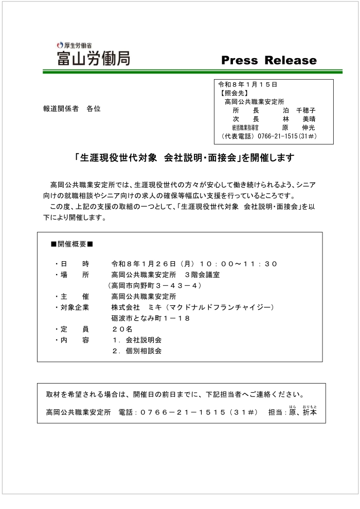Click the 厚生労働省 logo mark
60,45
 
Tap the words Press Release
268,60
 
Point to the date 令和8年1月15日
248,84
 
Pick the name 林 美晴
299,119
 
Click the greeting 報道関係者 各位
71,109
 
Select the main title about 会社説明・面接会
184,158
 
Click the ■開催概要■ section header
71,244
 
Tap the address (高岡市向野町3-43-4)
155,285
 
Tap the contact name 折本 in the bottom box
310,412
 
